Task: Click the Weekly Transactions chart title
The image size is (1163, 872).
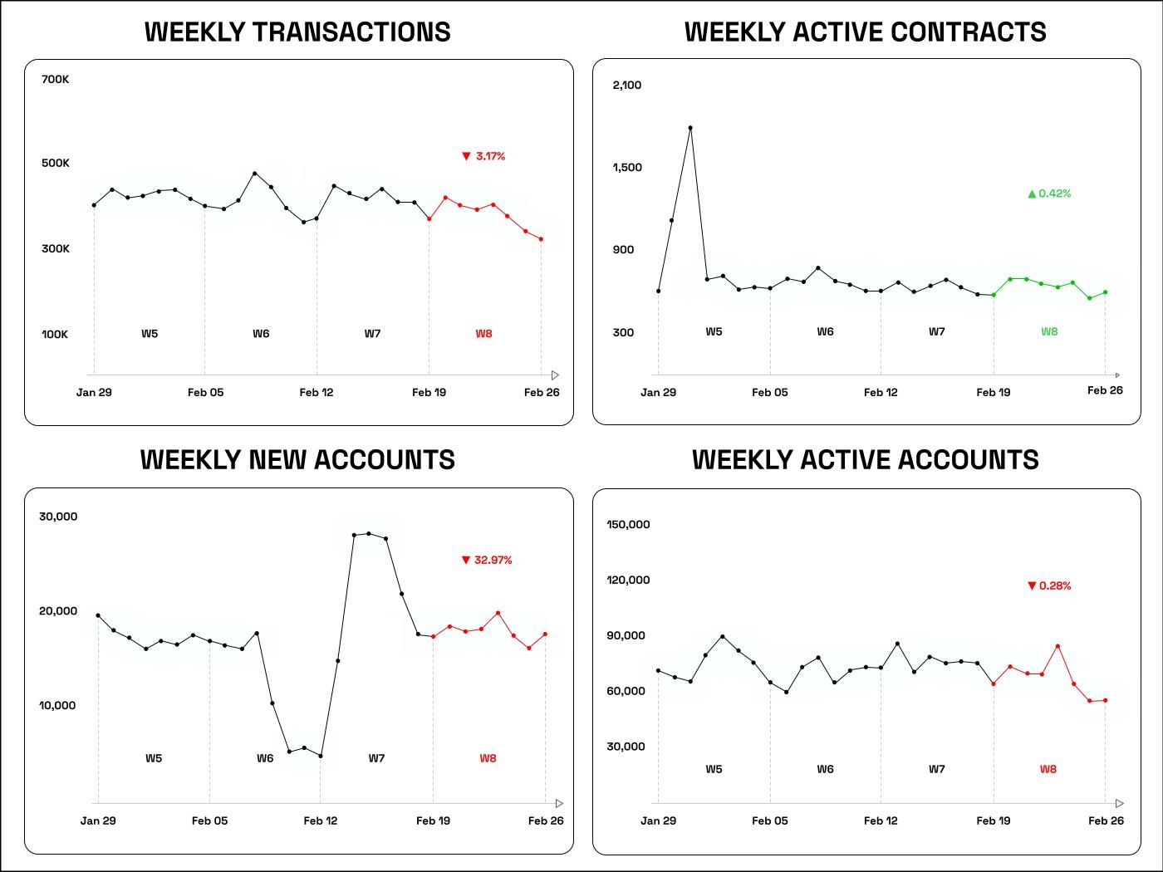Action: pos(297,32)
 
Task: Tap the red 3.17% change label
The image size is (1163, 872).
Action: pos(484,156)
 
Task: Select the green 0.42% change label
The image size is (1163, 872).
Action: pos(1050,194)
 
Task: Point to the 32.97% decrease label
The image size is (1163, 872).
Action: pos(488,560)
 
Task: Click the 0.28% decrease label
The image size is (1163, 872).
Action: pos(1050,585)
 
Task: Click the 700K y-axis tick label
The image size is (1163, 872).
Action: pos(56,80)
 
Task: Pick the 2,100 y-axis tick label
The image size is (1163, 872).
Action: pos(627,85)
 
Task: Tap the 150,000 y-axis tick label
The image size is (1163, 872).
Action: pos(628,524)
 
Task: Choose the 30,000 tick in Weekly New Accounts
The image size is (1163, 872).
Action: pos(58,517)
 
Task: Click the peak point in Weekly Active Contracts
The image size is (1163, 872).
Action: pos(690,128)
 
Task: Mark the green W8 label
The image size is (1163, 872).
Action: pos(1049,331)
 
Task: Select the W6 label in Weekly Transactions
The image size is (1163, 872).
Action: pos(261,334)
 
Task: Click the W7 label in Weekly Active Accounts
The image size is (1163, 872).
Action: pos(936,769)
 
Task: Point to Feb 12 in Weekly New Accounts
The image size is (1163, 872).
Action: pos(321,821)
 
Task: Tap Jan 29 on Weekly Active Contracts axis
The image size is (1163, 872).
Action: pos(658,392)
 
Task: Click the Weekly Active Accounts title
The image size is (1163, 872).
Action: pos(866,460)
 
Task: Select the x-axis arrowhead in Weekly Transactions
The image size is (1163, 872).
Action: pos(555,375)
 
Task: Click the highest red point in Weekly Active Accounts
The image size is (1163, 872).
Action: pos(1057,646)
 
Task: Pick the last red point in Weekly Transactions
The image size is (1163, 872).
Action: pos(542,239)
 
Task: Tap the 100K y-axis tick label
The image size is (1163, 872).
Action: pos(55,334)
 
